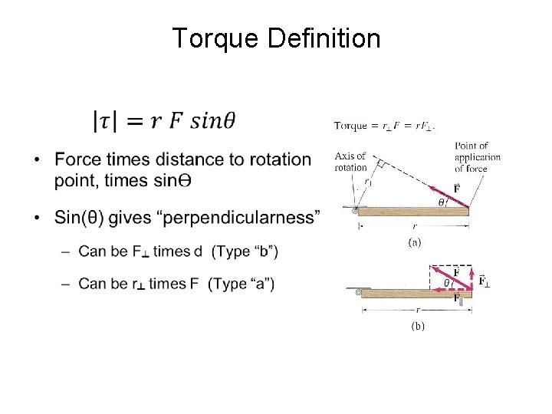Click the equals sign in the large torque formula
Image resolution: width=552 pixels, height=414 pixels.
[137, 121]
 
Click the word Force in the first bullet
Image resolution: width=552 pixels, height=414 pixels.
[79, 159]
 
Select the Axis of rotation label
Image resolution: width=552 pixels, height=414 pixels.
[350, 162]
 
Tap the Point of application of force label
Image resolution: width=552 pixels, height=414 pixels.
[477, 157]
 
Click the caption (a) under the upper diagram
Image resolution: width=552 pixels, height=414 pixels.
[414, 242]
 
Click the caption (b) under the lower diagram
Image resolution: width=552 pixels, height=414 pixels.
[417, 326]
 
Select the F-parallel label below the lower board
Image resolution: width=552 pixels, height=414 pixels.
[457, 300]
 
